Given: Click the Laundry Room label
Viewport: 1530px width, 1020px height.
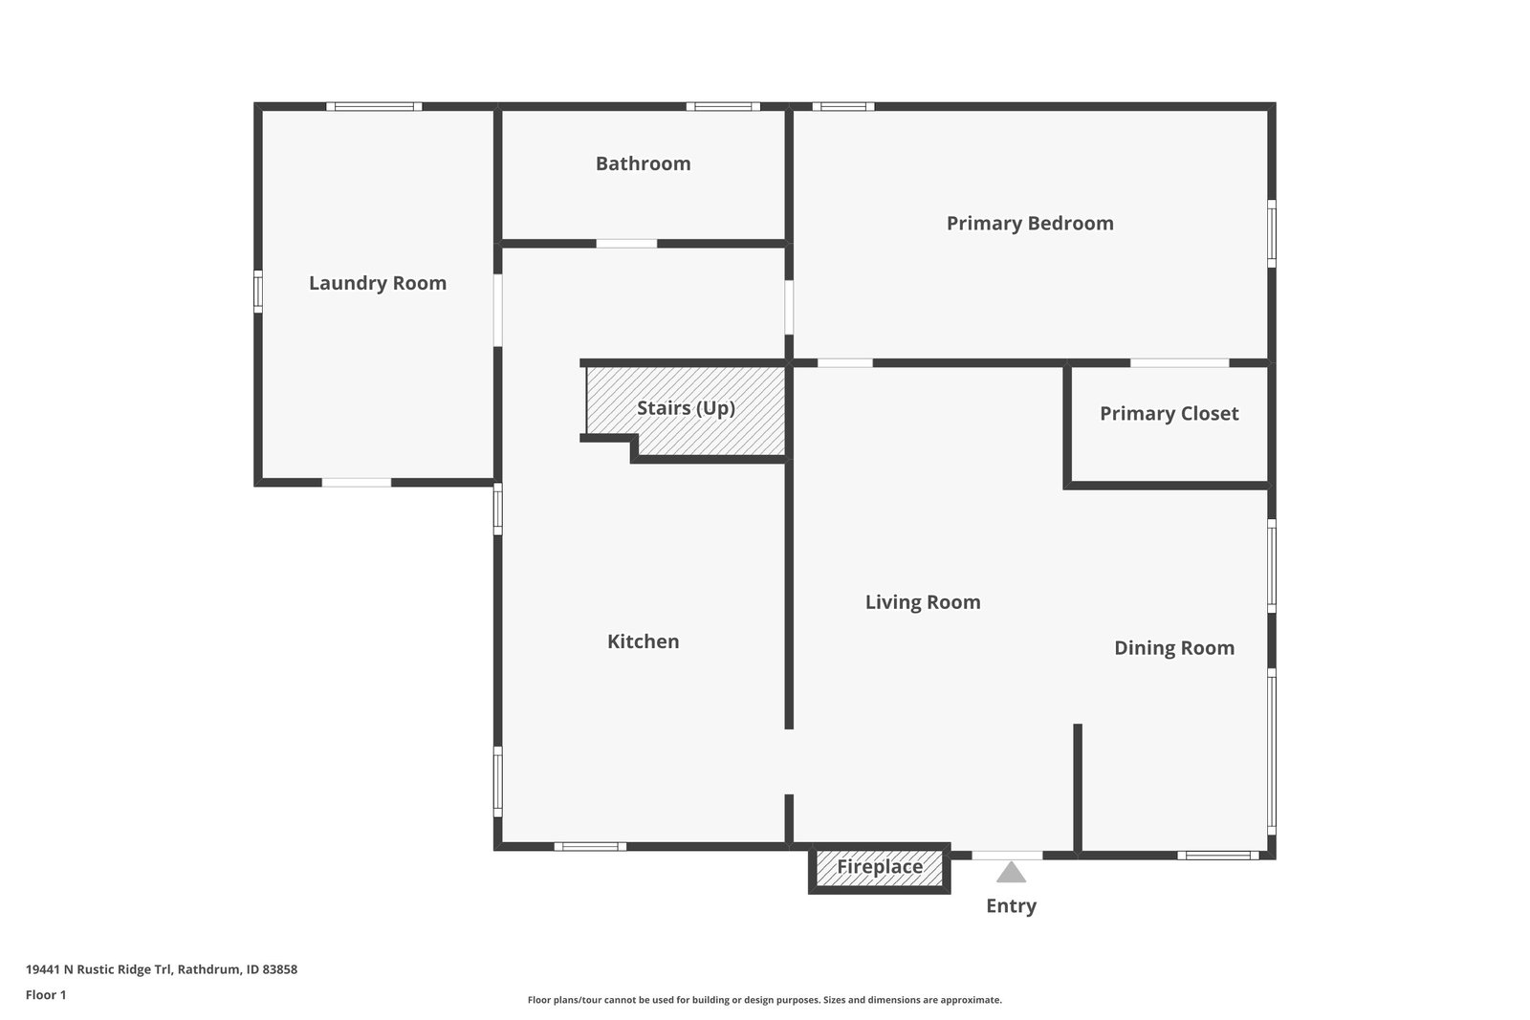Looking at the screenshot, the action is (x=378, y=283).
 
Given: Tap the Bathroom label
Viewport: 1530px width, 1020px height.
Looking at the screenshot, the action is (x=643, y=163).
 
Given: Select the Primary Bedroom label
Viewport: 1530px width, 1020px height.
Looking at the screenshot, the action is (x=1030, y=223).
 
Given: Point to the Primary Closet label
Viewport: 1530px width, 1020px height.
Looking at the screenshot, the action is (x=1169, y=413).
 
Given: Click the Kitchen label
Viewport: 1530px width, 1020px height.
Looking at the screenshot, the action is (x=643, y=641).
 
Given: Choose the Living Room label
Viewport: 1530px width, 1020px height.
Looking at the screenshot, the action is (x=923, y=601).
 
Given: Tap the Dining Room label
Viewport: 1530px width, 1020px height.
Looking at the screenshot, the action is (x=1174, y=648).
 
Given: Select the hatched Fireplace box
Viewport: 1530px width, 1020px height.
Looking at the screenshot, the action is (x=880, y=867).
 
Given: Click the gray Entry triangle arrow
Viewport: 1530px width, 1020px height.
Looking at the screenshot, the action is (x=1011, y=872).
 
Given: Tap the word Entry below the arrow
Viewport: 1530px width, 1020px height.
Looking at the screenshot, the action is (x=1011, y=905).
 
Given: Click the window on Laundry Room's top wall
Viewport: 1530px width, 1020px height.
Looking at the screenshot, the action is (x=374, y=106).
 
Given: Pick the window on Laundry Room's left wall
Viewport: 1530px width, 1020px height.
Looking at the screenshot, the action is (x=258, y=292).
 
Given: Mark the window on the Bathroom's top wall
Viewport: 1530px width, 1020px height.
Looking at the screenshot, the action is (x=723, y=106).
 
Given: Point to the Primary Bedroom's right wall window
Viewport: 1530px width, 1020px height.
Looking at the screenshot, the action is (x=1272, y=232).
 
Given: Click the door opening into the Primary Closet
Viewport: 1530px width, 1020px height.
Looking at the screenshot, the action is (x=1179, y=363).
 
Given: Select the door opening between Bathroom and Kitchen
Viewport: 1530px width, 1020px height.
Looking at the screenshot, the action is (x=626, y=244).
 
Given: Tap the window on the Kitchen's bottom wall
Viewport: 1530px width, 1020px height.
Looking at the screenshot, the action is (x=590, y=846).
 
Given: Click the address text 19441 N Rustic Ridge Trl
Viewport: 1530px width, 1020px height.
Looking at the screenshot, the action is (x=161, y=969).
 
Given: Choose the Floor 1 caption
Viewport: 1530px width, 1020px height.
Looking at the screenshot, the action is (x=46, y=995).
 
